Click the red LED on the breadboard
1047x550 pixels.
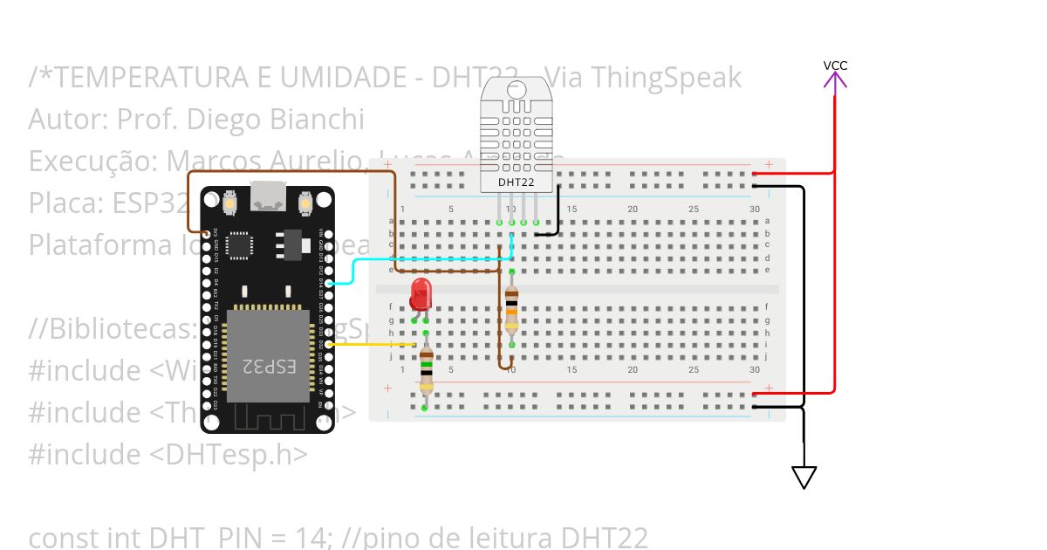click(x=421, y=293)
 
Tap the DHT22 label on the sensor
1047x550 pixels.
click(x=516, y=182)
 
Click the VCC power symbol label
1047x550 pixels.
click(x=835, y=65)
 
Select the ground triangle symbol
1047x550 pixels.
click(x=804, y=478)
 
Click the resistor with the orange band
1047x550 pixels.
click(x=511, y=308)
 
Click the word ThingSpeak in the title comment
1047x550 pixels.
click(x=666, y=78)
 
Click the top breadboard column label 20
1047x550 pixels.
click(x=633, y=210)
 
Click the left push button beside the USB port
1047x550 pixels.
click(x=230, y=204)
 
